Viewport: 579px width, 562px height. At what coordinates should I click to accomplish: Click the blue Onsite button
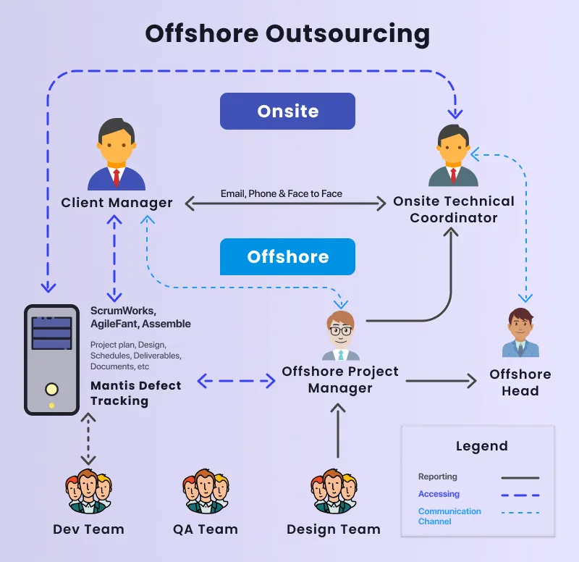(x=287, y=111)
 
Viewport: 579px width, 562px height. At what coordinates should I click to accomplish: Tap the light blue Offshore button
(x=287, y=257)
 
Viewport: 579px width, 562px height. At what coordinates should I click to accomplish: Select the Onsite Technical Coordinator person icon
(x=453, y=156)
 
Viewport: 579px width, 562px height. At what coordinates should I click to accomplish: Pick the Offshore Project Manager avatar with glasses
(x=341, y=336)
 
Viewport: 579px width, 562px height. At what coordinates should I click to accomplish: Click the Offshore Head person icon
(x=520, y=333)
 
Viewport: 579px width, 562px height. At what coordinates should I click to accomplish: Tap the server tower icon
(x=51, y=359)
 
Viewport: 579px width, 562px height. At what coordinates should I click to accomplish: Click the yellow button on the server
(x=51, y=389)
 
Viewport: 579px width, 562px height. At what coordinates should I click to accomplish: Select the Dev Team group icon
(x=88, y=492)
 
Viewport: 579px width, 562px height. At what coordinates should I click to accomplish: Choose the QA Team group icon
(x=206, y=492)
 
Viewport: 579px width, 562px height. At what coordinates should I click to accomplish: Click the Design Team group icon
(x=333, y=492)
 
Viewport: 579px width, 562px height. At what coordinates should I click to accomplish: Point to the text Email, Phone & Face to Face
(x=282, y=193)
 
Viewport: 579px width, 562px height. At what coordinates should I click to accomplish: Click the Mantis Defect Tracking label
(x=135, y=393)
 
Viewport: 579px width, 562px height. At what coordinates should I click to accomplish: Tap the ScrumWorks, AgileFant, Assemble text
(x=140, y=317)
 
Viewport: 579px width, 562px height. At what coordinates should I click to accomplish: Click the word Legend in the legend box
(x=481, y=446)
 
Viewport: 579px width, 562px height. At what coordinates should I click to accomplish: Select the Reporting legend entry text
(x=438, y=477)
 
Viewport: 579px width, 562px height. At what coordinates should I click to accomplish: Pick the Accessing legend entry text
(x=439, y=494)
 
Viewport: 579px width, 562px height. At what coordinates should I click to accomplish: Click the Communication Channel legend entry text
(x=449, y=516)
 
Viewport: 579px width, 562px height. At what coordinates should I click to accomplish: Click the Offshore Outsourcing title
(x=287, y=33)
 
